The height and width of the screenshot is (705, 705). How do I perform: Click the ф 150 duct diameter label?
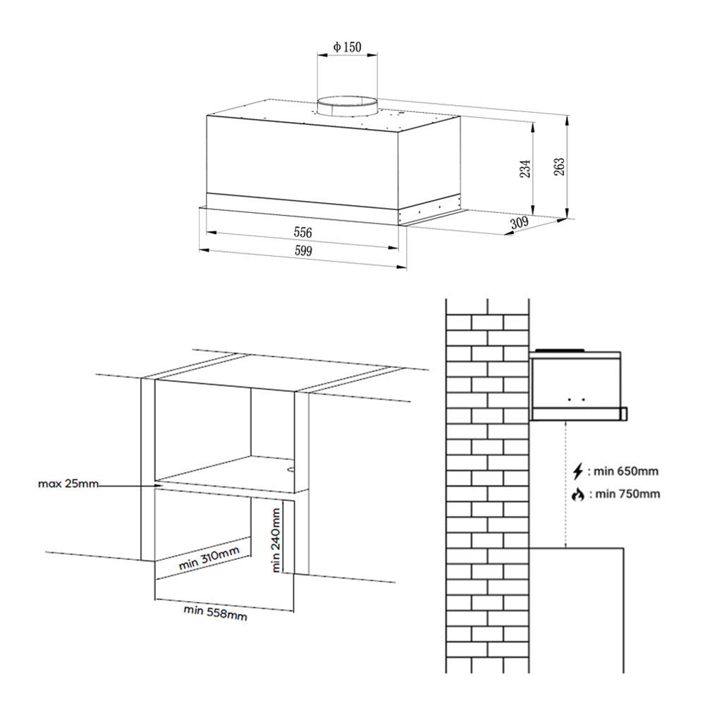[347, 47]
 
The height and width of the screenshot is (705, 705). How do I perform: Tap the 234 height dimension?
[525, 168]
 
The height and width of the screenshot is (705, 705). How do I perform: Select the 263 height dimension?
[559, 166]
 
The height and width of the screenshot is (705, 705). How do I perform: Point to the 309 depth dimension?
[520, 222]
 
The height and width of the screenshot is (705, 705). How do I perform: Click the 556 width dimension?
[302, 233]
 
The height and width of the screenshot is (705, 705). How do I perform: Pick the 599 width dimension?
[303, 250]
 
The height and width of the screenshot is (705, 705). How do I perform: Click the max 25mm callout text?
[68, 484]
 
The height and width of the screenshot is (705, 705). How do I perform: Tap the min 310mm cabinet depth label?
[209, 558]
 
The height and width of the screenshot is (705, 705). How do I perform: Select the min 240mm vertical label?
[276, 539]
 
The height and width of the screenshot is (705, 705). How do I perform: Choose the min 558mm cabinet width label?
[215, 612]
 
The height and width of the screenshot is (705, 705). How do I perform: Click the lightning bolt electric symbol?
[578, 472]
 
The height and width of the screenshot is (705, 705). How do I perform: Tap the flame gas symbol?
[578, 495]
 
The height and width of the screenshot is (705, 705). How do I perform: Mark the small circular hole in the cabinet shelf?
[290, 470]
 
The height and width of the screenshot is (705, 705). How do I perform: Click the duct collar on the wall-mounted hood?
[559, 350]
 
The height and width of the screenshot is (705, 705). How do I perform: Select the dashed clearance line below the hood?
[565, 484]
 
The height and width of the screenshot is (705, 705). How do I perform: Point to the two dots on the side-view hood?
[577, 399]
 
